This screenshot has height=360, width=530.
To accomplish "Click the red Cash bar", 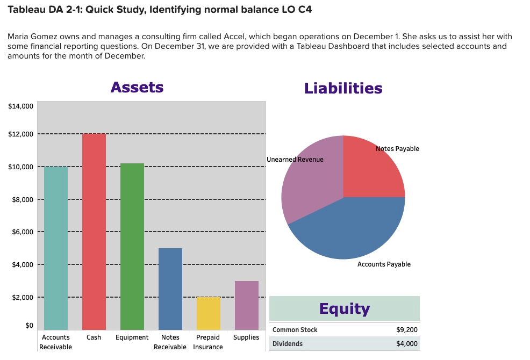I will tap(94, 231).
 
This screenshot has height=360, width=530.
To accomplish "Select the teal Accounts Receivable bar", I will tap(56, 248).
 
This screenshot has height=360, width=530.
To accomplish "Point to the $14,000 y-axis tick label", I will tap(22, 106).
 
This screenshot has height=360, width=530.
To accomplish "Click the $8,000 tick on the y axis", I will tap(23, 200).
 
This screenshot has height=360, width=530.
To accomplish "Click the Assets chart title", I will tap(137, 87).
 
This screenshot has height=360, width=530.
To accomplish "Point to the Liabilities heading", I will tap(343, 88).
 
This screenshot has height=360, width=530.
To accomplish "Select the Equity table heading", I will tap(344, 308).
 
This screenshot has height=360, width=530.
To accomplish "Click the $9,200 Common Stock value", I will tap(406, 330).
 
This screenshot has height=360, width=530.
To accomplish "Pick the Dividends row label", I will tap(288, 344).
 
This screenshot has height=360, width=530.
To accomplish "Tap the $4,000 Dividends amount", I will tap(406, 344).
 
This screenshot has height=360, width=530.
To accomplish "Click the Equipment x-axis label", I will tap(132, 337).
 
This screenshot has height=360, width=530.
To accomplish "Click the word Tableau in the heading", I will tap(27, 10).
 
